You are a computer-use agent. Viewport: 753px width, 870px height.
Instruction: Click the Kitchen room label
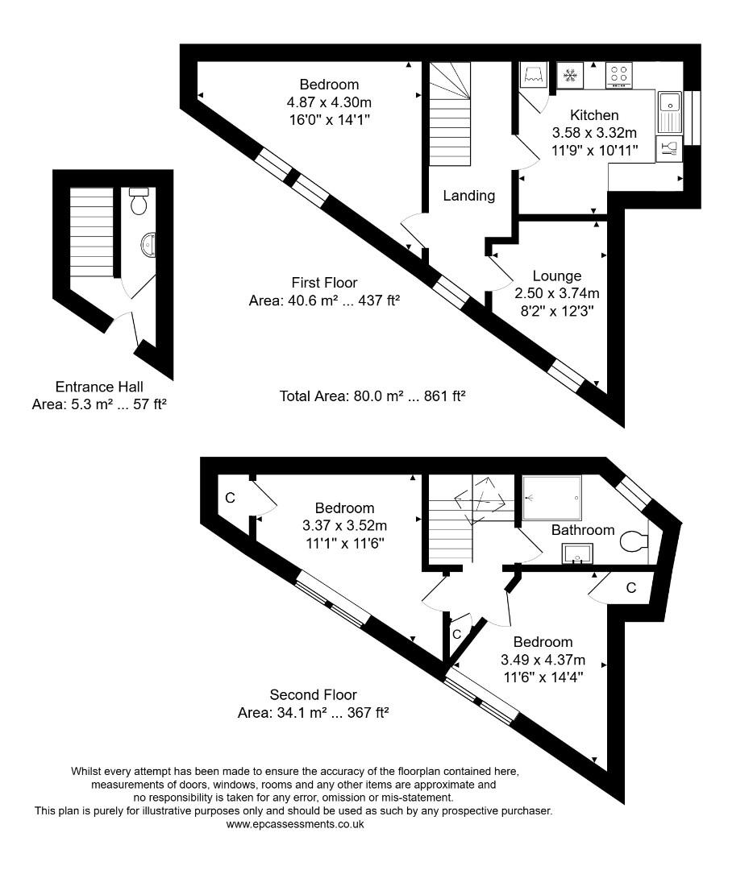click(594, 115)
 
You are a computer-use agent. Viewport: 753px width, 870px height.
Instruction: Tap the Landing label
click(468, 195)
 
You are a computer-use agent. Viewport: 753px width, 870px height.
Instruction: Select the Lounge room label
click(556, 276)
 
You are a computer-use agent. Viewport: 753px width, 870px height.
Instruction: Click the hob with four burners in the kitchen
click(618, 75)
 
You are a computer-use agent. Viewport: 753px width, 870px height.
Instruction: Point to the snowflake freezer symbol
click(571, 75)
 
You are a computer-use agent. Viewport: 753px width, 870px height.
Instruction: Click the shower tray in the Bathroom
click(551, 498)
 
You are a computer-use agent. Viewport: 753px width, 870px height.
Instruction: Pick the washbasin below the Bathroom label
click(577, 553)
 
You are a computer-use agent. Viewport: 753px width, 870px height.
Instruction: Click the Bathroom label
click(583, 530)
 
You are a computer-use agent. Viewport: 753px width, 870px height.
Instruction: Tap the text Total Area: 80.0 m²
click(373, 396)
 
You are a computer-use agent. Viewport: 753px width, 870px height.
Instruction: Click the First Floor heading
click(325, 283)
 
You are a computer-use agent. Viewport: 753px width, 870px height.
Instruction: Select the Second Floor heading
click(313, 694)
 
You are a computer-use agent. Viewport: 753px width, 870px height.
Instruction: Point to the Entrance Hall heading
click(99, 387)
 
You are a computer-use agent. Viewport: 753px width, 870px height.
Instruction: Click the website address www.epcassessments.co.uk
click(295, 824)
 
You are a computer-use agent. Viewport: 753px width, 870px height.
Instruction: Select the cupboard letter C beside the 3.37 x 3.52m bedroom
click(230, 499)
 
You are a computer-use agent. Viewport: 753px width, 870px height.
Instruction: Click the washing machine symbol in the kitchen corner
click(532, 77)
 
